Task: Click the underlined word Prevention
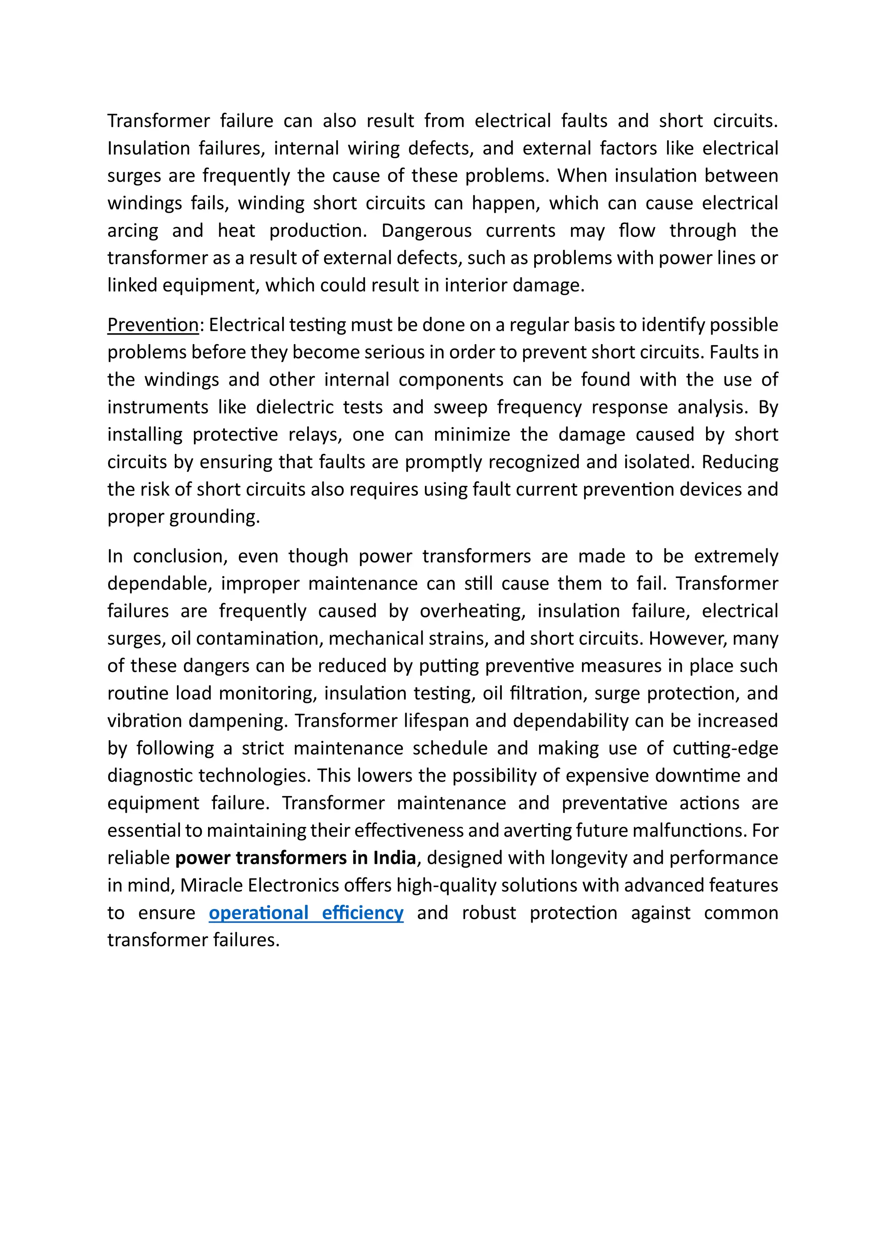click(x=153, y=325)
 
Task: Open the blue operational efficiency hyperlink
click(x=306, y=913)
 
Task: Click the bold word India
click(x=395, y=858)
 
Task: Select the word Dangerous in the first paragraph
click(x=426, y=231)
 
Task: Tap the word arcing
click(x=132, y=231)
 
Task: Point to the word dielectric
click(x=295, y=407)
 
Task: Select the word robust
click(x=489, y=913)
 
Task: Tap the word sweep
click(x=460, y=407)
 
